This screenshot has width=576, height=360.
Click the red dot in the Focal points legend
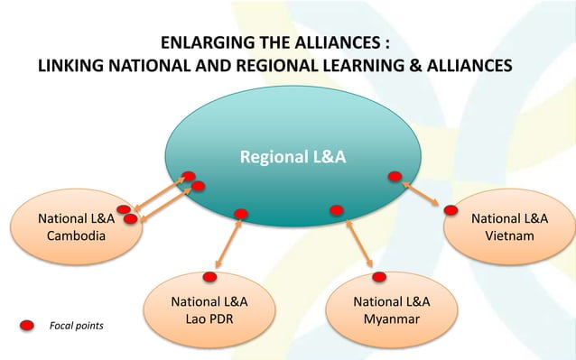(x=28, y=324)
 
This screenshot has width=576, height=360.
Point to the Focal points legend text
(x=75, y=325)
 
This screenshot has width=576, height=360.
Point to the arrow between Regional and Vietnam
(x=422, y=193)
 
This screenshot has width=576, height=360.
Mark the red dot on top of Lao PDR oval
(x=209, y=277)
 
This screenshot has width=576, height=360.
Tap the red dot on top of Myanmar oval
(x=379, y=276)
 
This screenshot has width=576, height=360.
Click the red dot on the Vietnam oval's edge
(x=451, y=210)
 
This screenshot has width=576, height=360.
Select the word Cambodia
(x=76, y=235)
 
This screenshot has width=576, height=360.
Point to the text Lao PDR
(x=209, y=318)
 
